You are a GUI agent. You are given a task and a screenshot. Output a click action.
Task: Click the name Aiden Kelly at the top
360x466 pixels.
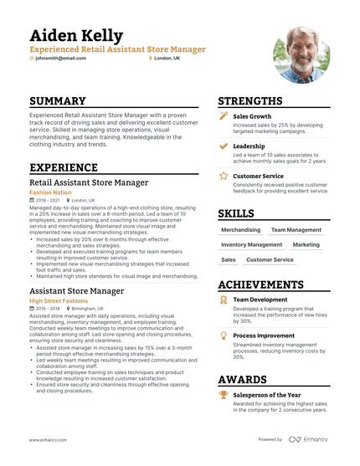(x=76, y=36)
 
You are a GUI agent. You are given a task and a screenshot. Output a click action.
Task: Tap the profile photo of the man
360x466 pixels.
(x=301, y=54)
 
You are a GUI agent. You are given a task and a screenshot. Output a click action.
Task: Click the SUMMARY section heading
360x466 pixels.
(x=64, y=100)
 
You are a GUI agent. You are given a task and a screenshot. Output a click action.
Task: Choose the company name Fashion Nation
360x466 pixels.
(x=53, y=192)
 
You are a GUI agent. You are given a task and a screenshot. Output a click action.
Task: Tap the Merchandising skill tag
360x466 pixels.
(x=241, y=229)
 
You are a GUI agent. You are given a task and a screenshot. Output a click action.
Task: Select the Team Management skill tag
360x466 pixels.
(x=296, y=229)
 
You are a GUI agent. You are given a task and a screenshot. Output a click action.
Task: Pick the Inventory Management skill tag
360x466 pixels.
(x=251, y=245)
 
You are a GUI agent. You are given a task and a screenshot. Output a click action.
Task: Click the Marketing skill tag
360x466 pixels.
(x=306, y=245)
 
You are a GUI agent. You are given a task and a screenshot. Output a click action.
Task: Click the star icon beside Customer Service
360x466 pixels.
(x=224, y=177)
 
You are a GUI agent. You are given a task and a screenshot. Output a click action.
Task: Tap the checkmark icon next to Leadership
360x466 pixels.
(x=224, y=146)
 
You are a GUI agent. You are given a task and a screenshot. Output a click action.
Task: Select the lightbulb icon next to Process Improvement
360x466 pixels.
(x=224, y=335)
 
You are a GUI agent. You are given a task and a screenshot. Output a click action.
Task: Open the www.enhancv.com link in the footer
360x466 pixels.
(x=48, y=439)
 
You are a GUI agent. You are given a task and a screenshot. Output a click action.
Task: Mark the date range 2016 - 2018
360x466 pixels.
(x=48, y=309)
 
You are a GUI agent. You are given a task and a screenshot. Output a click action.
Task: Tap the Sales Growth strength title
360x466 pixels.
(x=252, y=116)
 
